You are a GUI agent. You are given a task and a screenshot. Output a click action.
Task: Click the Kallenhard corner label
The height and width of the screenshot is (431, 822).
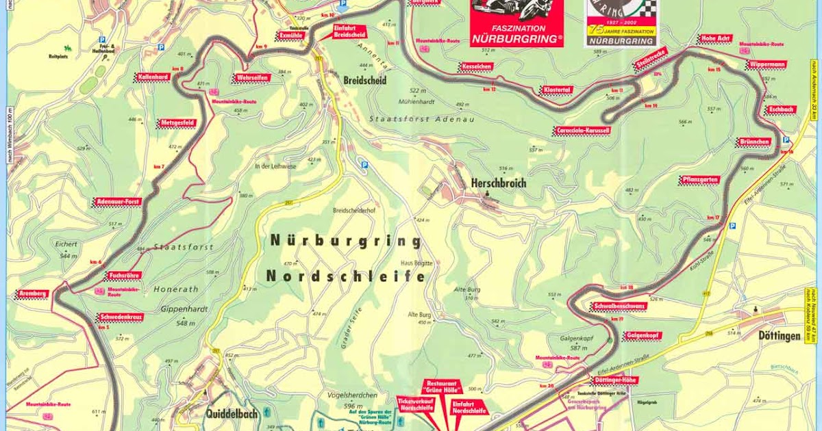(x=153, y=77)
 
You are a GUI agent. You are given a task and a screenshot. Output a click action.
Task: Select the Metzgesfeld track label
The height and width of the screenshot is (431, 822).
(x=178, y=123)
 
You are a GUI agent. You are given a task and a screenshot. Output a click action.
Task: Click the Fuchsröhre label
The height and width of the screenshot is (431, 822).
(x=124, y=276)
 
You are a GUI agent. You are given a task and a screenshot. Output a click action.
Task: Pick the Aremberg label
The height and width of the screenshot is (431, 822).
(x=32, y=293)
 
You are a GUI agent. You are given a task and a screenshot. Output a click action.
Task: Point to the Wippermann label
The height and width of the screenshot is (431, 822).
(x=766, y=65)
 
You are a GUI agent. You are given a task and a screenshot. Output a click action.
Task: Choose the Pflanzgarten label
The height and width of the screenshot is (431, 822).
(x=700, y=180)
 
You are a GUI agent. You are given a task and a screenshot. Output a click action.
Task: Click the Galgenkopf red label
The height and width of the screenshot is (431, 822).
(x=642, y=336)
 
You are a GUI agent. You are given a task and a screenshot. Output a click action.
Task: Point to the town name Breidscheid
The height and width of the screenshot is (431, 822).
(x=365, y=80)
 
